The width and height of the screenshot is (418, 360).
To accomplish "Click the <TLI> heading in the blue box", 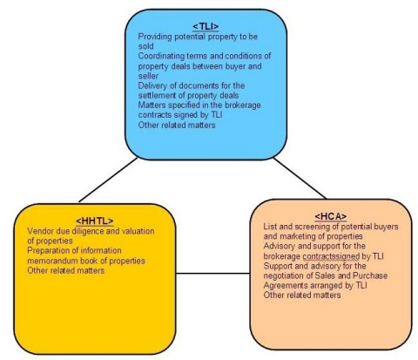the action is (x=206, y=27).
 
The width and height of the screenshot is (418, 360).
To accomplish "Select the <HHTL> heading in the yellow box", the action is (x=95, y=221).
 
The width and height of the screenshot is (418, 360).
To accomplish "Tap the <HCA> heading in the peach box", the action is (x=331, y=216).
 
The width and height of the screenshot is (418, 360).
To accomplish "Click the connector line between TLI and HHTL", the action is (x=108, y=180).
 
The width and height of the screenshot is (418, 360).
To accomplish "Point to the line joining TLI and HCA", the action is (x=300, y=179).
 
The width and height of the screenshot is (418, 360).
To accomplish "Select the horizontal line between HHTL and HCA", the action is (x=212, y=273).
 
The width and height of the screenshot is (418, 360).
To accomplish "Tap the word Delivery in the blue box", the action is (x=150, y=85).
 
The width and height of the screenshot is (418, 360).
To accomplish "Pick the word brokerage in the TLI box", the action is (x=243, y=105).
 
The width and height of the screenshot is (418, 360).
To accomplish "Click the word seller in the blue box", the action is (x=148, y=76).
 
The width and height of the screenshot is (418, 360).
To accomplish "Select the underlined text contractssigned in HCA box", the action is (x=331, y=256).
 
